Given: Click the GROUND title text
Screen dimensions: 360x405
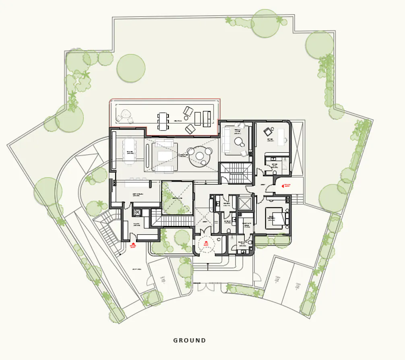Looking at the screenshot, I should (x=190, y=340).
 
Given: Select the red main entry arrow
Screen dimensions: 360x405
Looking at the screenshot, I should (x=206, y=243).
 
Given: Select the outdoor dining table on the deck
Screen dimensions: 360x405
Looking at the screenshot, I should (x=162, y=121).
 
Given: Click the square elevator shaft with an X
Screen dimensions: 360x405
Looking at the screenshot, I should (x=244, y=203).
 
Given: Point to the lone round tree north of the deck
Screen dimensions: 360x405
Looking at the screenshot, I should (x=131, y=68).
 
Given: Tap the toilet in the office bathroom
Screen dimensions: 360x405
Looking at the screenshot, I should (x=274, y=172).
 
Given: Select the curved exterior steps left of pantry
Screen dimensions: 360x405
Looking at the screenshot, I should (x=105, y=232).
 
